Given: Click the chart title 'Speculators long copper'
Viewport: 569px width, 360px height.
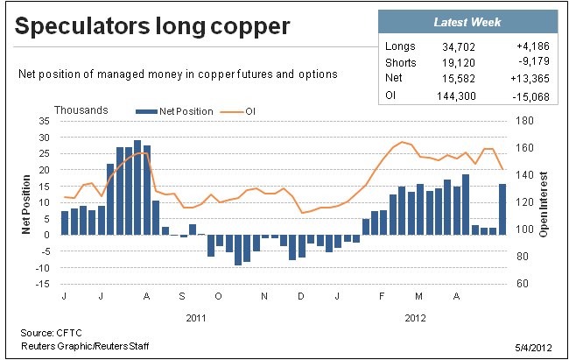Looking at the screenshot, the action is coord(152,27).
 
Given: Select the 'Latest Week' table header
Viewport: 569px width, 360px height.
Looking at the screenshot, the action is coord(467,22).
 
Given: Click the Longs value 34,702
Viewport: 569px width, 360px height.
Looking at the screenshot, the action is coord(459,47).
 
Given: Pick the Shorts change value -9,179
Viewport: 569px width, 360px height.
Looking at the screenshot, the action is coord(534,61).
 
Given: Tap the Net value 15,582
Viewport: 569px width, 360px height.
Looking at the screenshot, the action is coord(459,79).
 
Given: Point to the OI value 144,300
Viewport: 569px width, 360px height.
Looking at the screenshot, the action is coord(456,96).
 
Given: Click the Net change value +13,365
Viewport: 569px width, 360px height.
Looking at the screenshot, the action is coord(530,79).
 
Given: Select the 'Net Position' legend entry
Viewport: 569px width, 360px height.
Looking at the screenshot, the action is coord(174,111).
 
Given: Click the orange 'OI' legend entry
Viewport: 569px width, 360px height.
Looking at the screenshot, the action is coord(238,111).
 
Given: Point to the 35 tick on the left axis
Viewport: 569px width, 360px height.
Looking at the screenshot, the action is coord(44,121).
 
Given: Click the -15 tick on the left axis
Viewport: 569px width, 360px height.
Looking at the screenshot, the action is coord(42,284).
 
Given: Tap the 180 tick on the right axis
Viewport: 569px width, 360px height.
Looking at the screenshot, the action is coord(524,121).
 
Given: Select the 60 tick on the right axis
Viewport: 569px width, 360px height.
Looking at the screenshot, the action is coord(523,283).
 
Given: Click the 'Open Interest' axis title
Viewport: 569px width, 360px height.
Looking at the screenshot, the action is coord(544,204).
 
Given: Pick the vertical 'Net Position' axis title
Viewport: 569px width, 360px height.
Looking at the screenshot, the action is coord(25,204).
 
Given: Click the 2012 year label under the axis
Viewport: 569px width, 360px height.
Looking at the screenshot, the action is coord(415,318).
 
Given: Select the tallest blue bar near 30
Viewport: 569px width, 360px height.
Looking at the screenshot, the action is coord(137,187).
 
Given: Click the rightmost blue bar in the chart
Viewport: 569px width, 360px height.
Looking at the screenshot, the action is coord(502,209).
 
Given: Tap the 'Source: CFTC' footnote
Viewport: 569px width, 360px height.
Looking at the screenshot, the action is coord(51,333).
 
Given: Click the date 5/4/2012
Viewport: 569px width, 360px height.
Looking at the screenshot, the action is coord(533,348).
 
